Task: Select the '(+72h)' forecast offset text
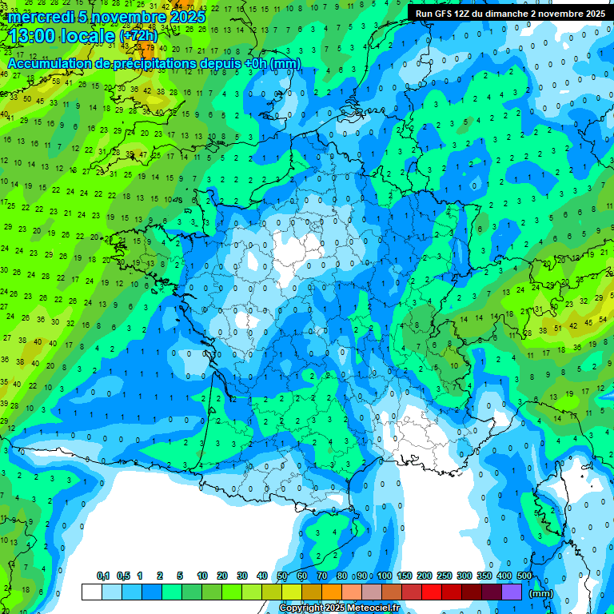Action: pos(138,36)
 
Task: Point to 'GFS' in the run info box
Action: pos(445,14)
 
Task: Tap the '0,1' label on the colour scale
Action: pos(103,576)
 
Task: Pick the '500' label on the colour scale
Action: pos(524,576)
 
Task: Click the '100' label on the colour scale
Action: pos(385,576)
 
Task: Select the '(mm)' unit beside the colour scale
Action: pos(541,593)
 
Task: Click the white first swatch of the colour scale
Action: pos(92,592)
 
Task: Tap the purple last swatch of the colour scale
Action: pos(512,592)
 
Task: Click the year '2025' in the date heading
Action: pos(188,17)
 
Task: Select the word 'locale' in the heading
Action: pos(88,35)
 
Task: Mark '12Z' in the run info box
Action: pos(464,14)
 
